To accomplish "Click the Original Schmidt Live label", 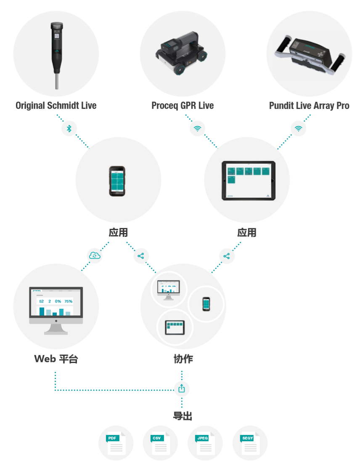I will tap(56, 106).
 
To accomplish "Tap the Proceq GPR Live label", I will tap(183, 106).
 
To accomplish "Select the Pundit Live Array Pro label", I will tap(309, 106).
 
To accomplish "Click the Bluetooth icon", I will tap(69, 128).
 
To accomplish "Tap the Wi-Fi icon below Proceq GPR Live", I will tap(197, 128).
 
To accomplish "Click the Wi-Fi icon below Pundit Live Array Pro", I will tap(298, 128).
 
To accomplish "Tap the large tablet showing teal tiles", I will tap(247, 180).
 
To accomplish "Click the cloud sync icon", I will tap(95, 255).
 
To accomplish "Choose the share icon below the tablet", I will tap(227, 255).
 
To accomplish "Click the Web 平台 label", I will tap(56, 359).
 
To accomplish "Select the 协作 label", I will tap(183, 359).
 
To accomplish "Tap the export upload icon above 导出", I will tap(182, 388).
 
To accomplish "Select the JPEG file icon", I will tap(205, 443).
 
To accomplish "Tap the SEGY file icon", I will tap(250, 443).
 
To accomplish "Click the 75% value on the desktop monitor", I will tap(68, 301).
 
